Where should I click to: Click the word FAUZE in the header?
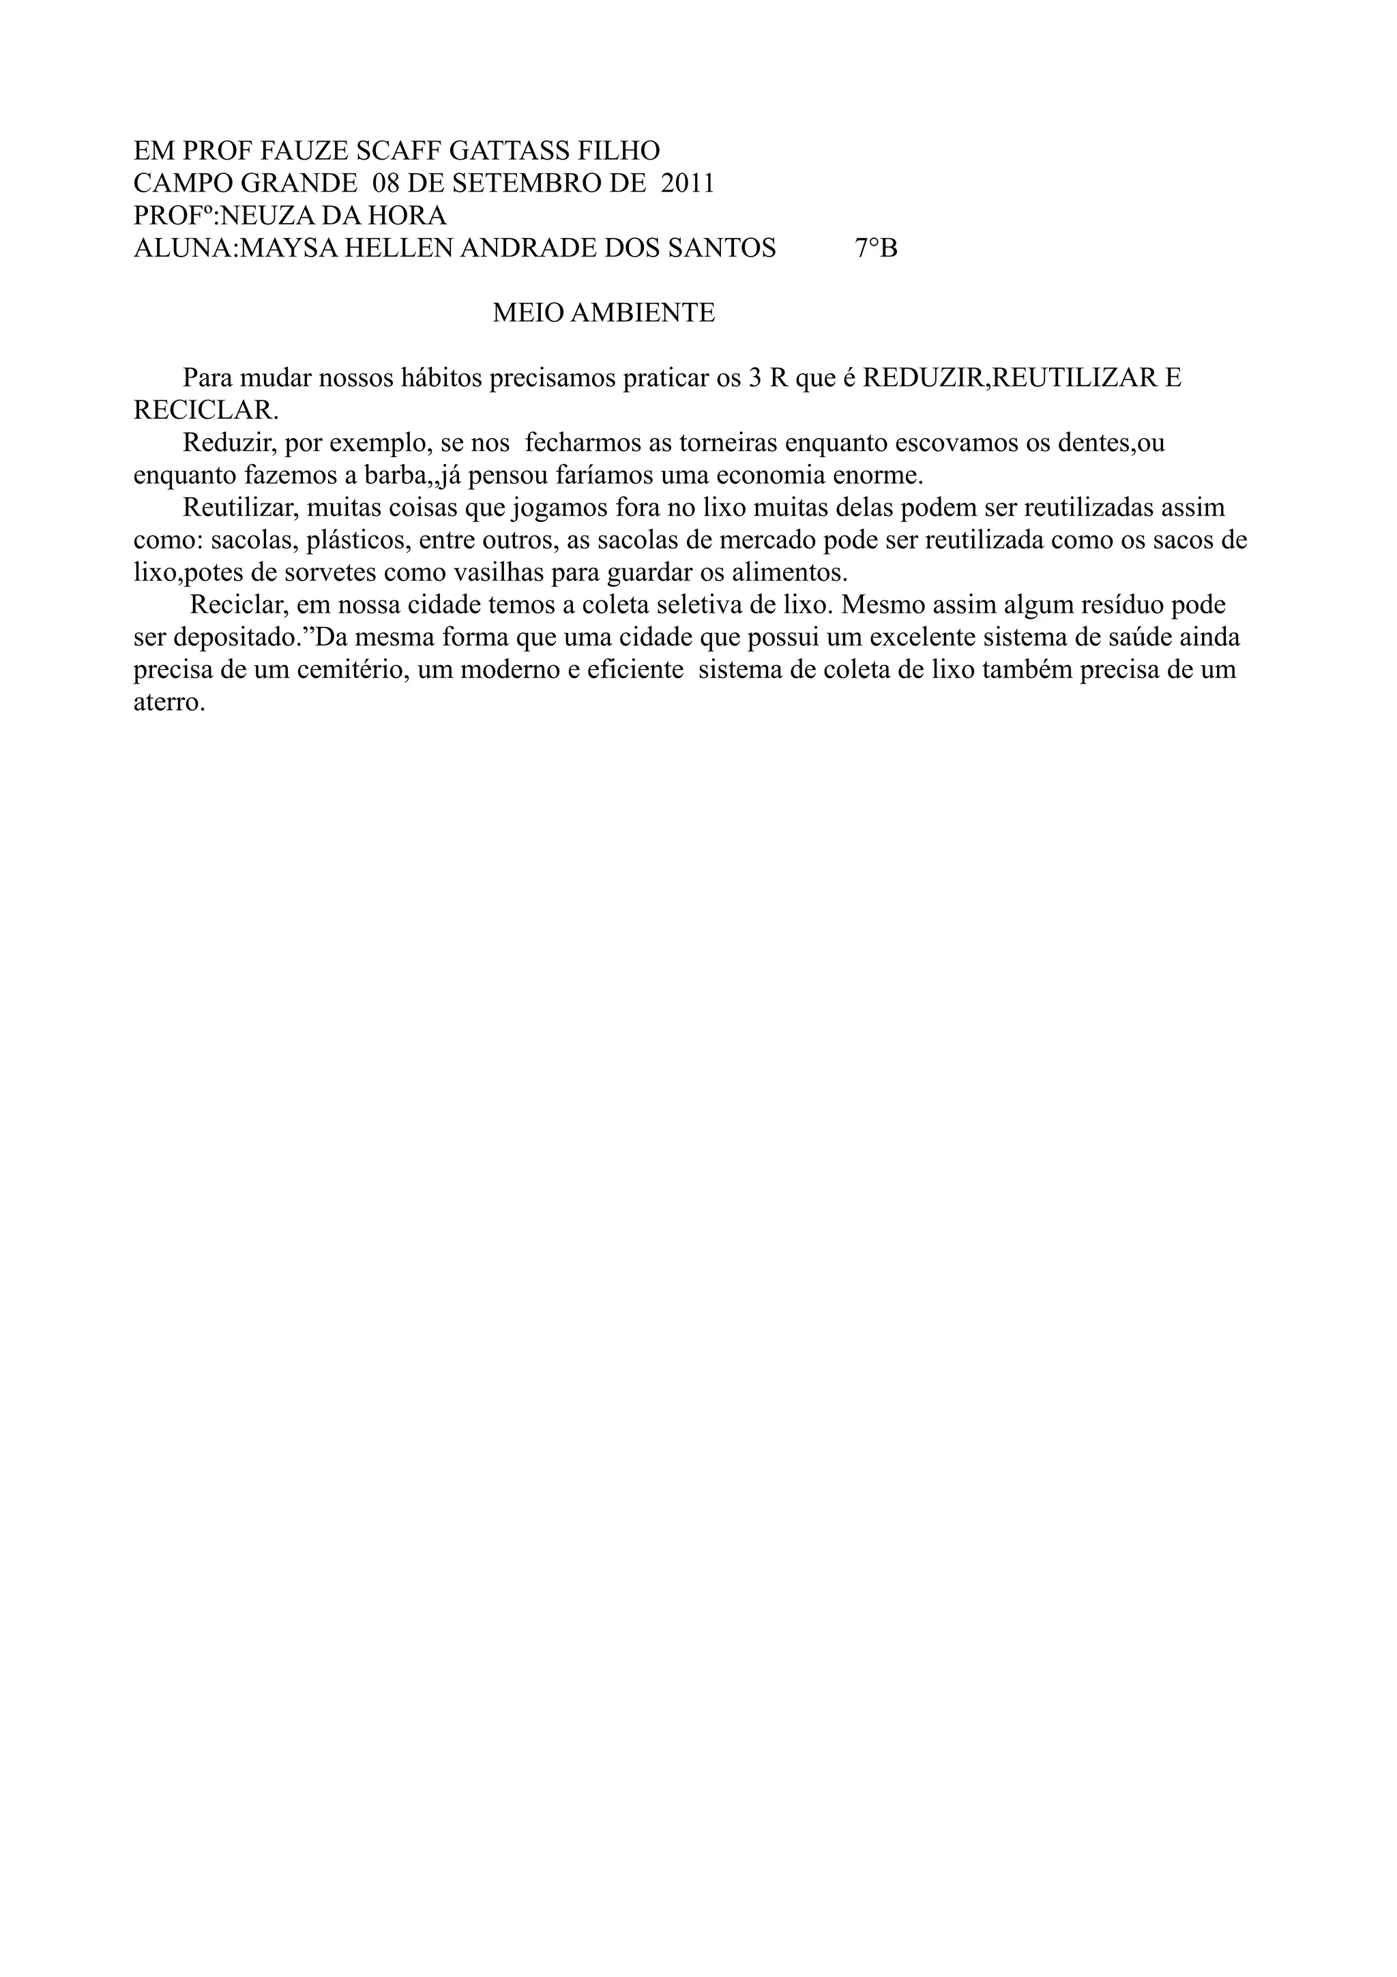click(x=304, y=151)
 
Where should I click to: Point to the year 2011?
click(x=688, y=184)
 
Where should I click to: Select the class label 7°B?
click(x=877, y=248)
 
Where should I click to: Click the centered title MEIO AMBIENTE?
click(x=604, y=313)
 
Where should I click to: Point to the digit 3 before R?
click(x=755, y=378)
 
